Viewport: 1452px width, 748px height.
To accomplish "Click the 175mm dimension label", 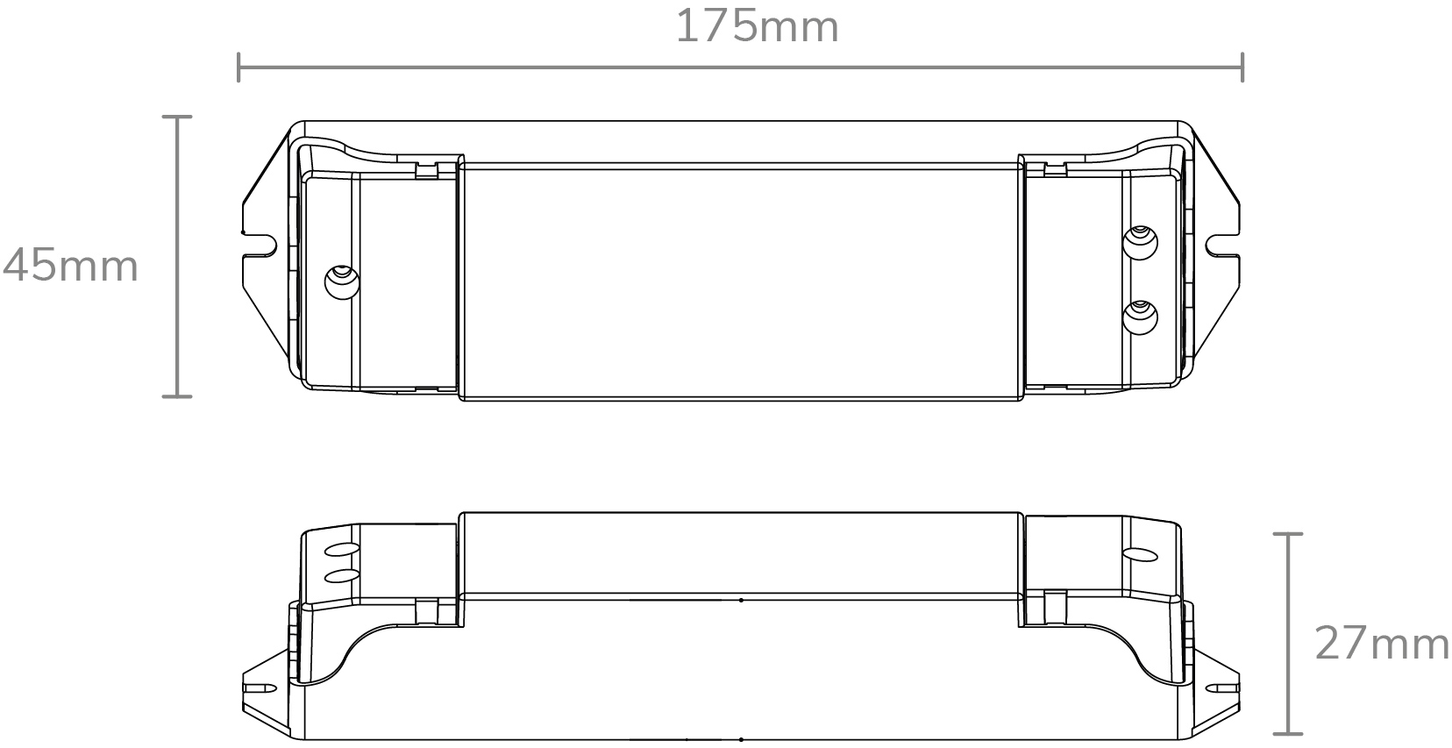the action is [x=757, y=27].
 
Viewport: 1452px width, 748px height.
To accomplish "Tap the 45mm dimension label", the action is [x=71, y=266].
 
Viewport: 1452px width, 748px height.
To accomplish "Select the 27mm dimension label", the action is [x=1381, y=643].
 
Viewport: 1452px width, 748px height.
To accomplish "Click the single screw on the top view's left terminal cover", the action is [x=342, y=282].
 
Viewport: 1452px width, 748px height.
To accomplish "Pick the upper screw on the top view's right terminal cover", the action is [x=1140, y=242].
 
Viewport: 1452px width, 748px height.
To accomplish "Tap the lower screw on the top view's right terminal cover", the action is [x=1140, y=317].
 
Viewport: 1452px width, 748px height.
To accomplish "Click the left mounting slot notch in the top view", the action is [x=260, y=245].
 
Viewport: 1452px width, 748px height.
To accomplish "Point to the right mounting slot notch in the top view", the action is [x=1222, y=245].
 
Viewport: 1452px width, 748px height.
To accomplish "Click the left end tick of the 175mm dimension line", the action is [x=238, y=68].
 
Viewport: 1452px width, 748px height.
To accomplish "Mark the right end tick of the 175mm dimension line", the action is [x=1242, y=68].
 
